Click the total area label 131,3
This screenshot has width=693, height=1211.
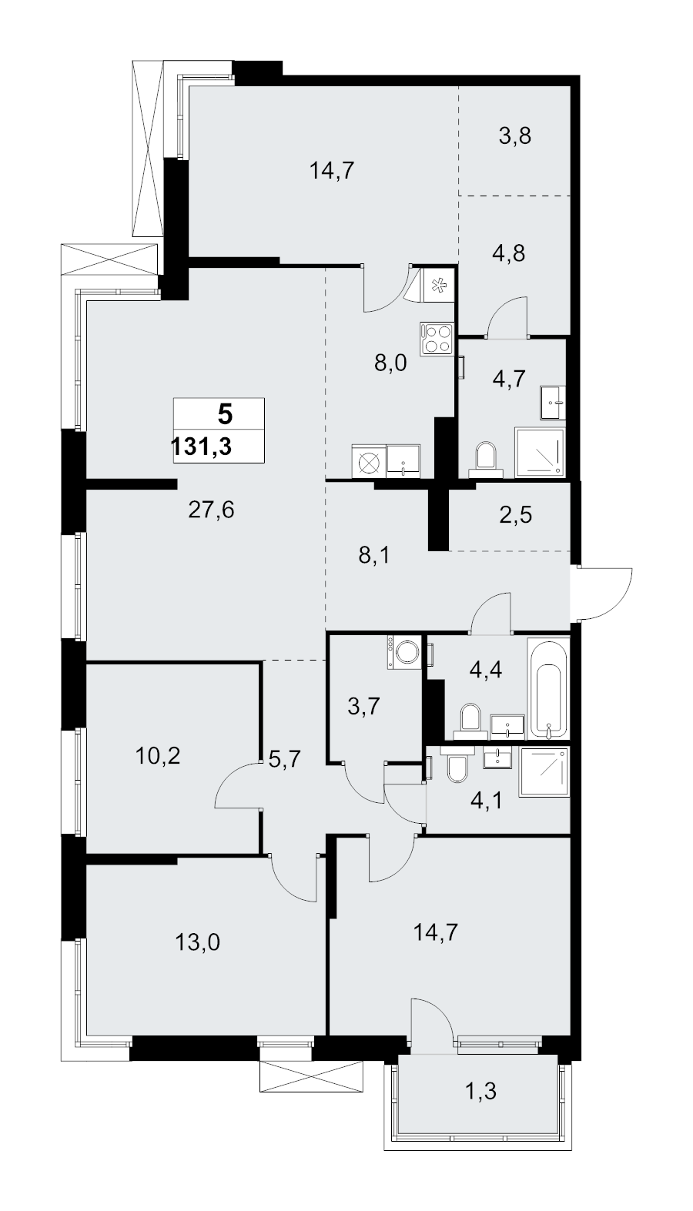pos(201,447)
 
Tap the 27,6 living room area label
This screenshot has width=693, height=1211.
pos(211,510)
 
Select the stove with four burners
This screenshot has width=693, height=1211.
pos(437,339)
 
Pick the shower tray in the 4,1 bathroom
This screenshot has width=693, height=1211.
pos(544,772)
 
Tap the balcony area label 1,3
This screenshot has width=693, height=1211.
pos(481,1091)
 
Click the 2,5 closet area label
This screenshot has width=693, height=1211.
pos(516,515)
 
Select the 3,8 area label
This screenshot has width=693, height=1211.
pos(515,135)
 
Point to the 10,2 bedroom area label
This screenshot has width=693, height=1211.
pos(158,756)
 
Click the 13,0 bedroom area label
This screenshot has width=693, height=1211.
pos(197,943)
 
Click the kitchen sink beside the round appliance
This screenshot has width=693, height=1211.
pos(403,461)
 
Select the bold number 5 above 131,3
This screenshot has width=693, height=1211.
pos(225,415)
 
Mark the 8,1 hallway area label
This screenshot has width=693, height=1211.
pos(374,555)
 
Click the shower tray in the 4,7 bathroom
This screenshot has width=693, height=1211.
pos(540,453)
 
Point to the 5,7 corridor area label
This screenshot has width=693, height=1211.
pos(284,760)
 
